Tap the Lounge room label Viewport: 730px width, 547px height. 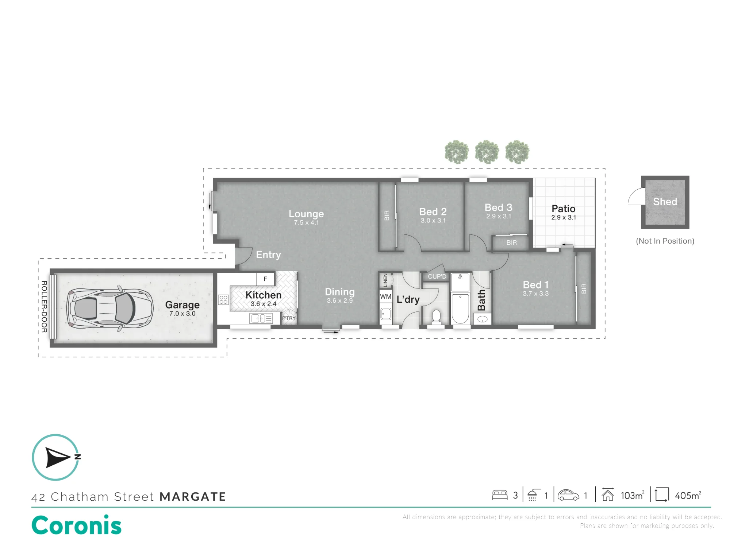[306, 214]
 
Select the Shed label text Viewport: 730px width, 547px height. [665, 202]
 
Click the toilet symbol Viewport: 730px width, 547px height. [436, 317]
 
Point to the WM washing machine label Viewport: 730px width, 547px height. [386, 296]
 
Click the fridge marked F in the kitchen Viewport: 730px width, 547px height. [265, 279]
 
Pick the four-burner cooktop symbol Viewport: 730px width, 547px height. [223, 300]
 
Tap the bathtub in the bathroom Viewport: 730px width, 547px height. [460, 309]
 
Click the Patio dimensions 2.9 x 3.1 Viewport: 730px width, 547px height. [564, 217]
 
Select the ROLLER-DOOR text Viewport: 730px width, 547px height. [44, 307]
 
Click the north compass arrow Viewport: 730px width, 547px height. [58, 457]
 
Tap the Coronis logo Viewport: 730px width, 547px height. [77, 525]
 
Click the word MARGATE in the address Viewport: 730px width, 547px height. [193, 497]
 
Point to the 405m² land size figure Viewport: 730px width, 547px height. [688, 495]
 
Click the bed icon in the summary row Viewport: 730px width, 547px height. [500, 495]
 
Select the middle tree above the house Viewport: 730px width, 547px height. [487, 152]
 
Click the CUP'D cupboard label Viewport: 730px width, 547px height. [437, 276]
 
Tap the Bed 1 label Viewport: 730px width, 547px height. [535, 285]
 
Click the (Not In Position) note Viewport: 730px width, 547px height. [665, 241]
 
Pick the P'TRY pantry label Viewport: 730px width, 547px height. [289, 318]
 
